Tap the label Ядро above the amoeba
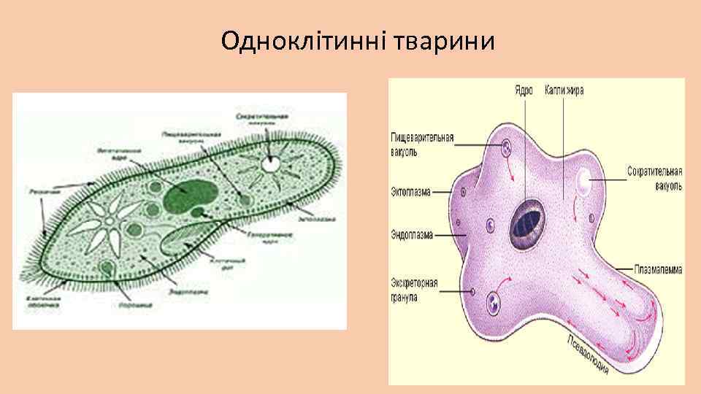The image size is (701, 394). [x=523, y=91]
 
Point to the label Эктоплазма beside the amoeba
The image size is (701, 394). [x=410, y=193]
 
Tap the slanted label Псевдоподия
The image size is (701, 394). [x=589, y=355]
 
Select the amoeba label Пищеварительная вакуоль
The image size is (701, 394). [x=422, y=144]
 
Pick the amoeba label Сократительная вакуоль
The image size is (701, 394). [x=654, y=179]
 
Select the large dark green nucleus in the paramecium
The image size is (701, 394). [x=188, y=193]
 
